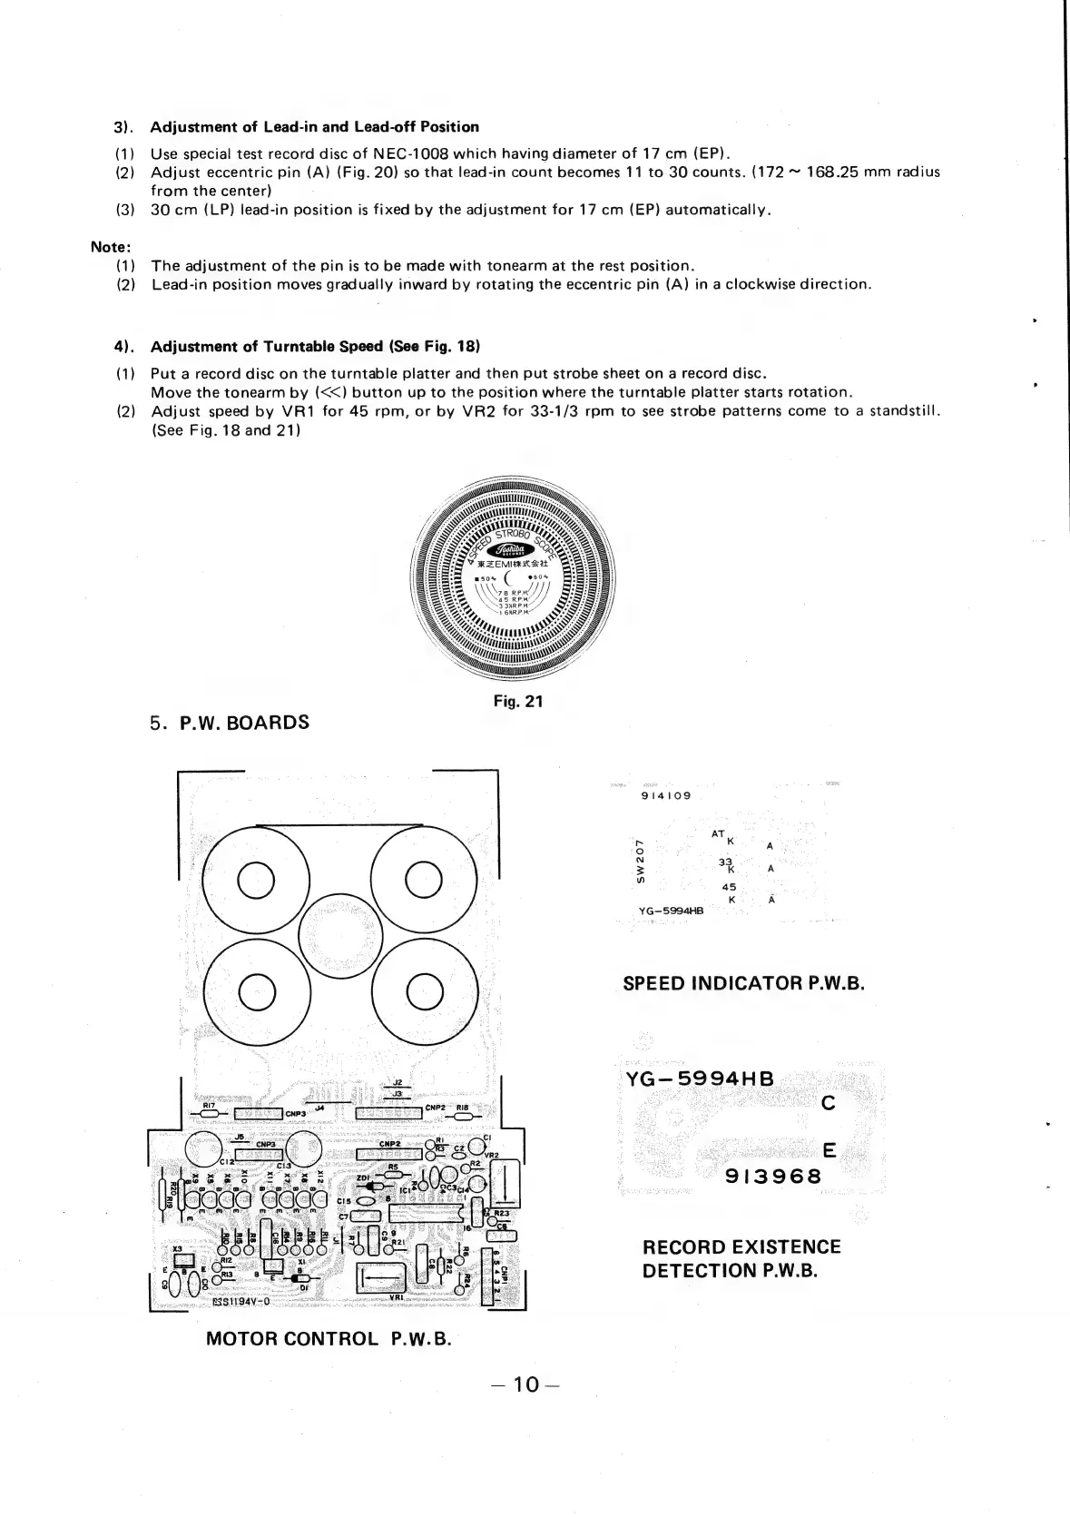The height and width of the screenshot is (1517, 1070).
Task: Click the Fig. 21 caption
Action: click(x=517, y=700)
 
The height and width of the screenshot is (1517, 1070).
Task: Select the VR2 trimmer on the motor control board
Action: click(x=504, y=1183)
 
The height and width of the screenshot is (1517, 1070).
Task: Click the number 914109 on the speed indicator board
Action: click(x=665, y=795)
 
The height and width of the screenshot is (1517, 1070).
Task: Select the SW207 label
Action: click(x=640, y=862)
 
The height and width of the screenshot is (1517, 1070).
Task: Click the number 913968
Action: click(x=773, y=1177)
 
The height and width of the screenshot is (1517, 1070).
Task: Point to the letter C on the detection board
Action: click(x=827, y=1104)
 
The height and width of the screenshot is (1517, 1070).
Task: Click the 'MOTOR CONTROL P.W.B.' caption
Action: click(x=329, y=1338)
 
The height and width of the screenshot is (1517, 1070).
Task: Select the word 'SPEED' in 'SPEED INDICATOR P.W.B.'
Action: click(x=653, y=983)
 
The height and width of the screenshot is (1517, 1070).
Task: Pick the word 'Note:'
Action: click(x=112, y=246)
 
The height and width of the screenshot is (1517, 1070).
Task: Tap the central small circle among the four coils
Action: click(x=340, y=935)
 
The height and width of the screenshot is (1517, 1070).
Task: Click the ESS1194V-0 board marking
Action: click(x=241, y=1300)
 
